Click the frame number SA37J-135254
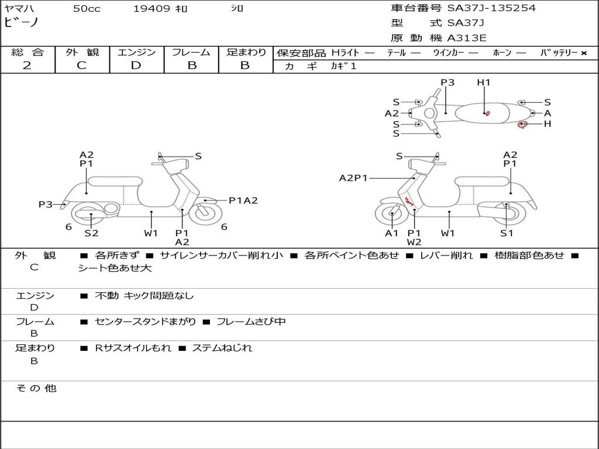491,8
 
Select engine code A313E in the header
466,38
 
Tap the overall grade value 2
27,65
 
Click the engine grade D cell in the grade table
136,65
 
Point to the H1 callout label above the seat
484,82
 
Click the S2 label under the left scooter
91,233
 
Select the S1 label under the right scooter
507,233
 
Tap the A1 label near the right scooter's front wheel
391,233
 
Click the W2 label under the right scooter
414,242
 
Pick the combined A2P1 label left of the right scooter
353,178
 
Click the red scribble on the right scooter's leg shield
409,201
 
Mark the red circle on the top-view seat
487,113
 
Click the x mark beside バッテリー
584,53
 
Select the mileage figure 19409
152,8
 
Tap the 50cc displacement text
87,8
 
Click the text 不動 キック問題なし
144,295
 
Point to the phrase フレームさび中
251,322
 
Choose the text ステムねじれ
222,348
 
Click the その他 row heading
36,388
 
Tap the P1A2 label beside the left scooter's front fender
243,201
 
